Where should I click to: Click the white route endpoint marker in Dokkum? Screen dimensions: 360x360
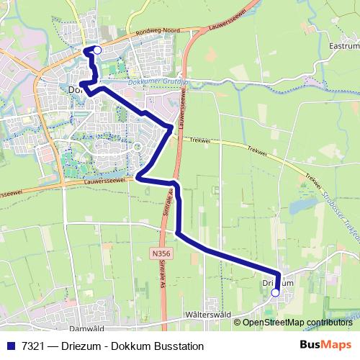[x=98, y=50]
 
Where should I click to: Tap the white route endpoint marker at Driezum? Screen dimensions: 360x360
[x=274, y=293]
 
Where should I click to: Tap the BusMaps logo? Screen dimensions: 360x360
[x=325, y=346]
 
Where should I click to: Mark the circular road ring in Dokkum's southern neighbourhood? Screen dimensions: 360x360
[x=137, y=148]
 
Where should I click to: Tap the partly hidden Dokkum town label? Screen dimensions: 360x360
[x=74, y=91]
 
